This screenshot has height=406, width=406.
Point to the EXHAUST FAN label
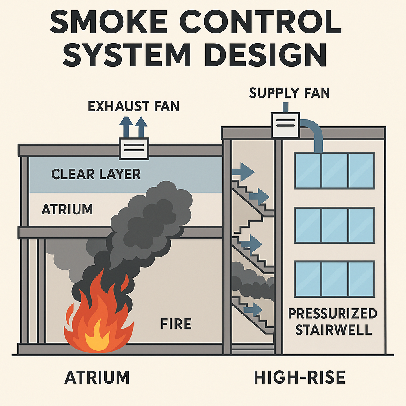point(134,106)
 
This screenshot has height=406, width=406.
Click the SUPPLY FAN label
point(289,93)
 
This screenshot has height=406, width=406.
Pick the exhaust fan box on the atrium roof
point(134,148)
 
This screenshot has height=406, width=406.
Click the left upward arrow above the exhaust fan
point(126,126)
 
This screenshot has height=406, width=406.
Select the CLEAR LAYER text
point(96,174)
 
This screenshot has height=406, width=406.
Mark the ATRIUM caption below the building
point(97,377)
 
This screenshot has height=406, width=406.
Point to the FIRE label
point(176,324)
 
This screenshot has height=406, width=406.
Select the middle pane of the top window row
point(334,170)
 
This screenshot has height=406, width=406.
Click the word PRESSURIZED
point(332,314)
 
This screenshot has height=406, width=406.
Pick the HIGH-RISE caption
point(299,377)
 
